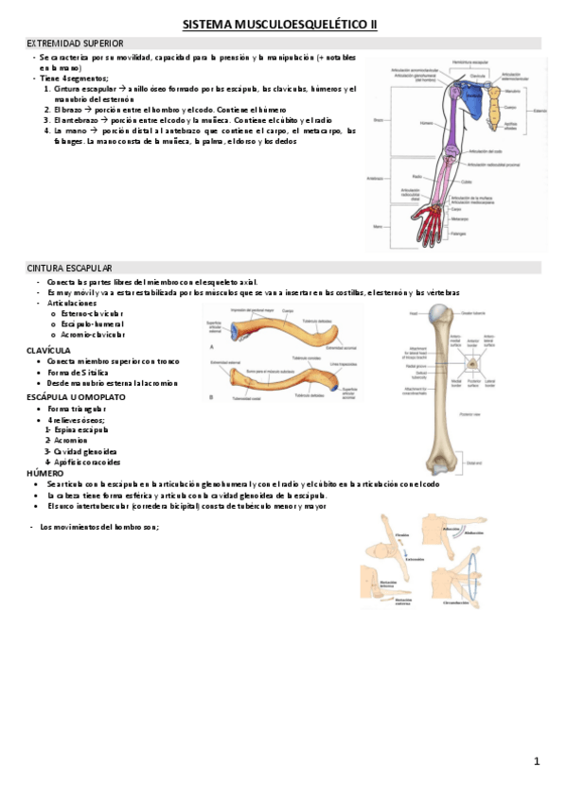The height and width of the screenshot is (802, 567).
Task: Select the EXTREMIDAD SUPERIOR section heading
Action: (75, 44)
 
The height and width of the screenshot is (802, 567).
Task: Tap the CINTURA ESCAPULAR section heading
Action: (71, 269)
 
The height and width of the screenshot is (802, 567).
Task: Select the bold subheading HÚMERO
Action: (45, 472)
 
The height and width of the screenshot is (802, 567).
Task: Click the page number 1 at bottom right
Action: (536, 761)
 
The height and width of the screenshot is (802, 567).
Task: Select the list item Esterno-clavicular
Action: (90, 313)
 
